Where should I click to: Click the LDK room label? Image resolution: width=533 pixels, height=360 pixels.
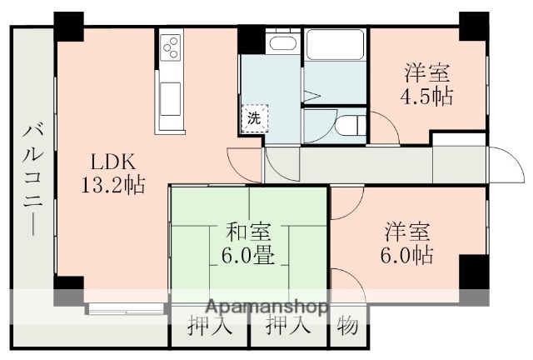[107, 162]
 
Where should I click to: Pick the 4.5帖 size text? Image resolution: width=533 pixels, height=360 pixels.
[429, 96]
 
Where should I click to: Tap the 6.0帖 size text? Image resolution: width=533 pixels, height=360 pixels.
[408, 254]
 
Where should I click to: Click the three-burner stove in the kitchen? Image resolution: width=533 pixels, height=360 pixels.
[171, 46]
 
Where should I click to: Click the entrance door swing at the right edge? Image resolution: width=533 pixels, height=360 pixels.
[503, 162]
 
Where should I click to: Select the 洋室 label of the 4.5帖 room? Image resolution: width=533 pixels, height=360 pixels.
[429, 72]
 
